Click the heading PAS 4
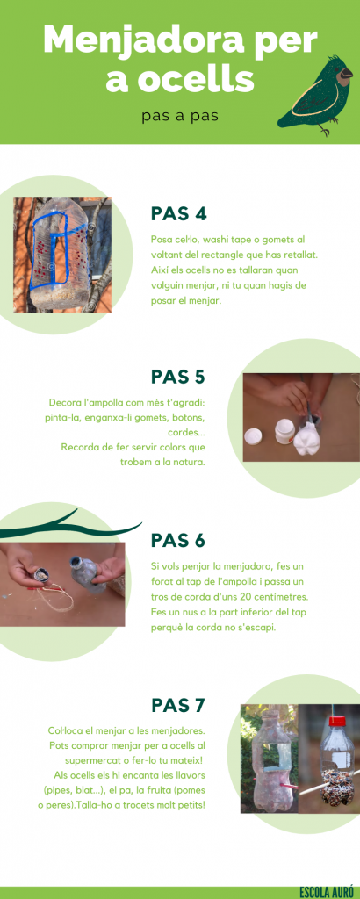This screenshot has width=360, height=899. click(178, 214)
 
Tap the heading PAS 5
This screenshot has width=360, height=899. click(178, 377)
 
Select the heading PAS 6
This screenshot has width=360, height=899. click(178, 540)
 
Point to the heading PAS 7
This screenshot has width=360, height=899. click(178, 705)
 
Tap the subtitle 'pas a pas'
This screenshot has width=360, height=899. click(180, 117)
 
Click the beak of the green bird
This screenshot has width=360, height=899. click(346, 73)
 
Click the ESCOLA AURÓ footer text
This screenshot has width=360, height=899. click(327, 892)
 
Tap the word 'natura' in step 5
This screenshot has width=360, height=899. click(187, 462)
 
